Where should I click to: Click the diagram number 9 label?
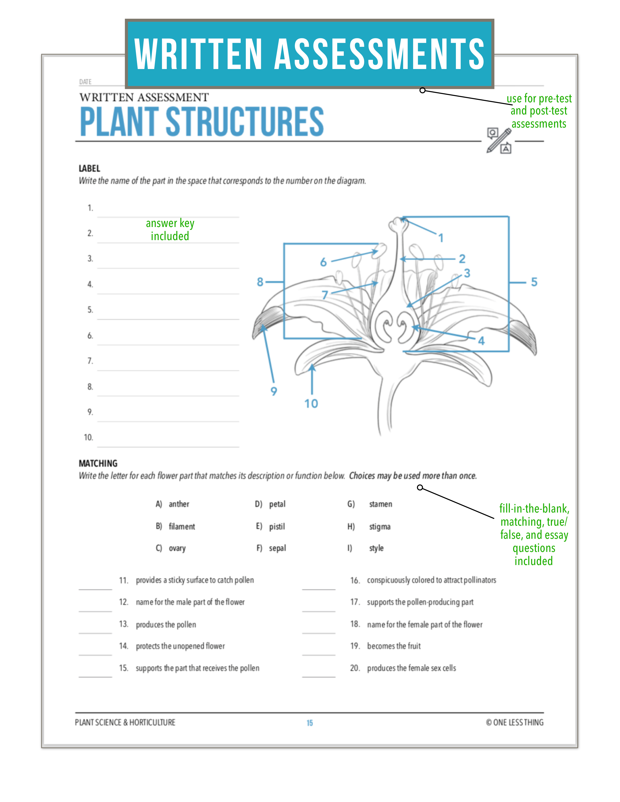point(274,391)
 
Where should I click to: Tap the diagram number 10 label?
point(311,404)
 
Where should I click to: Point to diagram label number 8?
point(260,282)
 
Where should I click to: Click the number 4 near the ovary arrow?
point(481,341)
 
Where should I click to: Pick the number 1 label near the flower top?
point(441,238)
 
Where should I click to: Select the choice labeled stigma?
point(380,527)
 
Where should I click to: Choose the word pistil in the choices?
point(277,527)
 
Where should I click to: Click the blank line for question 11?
point(95,586)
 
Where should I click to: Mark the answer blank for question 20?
point(319,673)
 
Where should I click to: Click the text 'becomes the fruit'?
point(394,646)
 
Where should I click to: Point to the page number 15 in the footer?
point(310,723)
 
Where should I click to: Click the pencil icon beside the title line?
point(499,141)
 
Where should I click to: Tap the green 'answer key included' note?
point(170,229)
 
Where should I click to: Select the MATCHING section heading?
point(98,463)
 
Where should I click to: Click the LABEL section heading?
point(89,169)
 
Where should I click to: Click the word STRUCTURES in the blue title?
point(245,122)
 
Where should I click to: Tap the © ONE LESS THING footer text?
point(514,722)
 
